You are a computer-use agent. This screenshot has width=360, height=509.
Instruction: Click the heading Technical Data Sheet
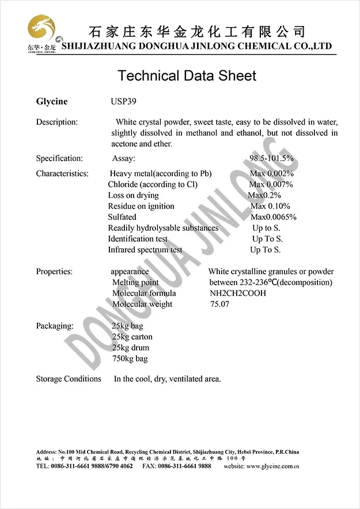[187, 75]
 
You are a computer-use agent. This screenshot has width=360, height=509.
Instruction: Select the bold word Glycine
[52, 102]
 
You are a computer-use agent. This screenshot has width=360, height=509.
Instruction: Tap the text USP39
[124, 102]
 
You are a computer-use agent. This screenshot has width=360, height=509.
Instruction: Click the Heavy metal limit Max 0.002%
[271, 173]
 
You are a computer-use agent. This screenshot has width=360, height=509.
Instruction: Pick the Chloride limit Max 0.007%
[271, 184]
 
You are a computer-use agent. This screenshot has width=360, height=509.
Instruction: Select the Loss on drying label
[133, 195]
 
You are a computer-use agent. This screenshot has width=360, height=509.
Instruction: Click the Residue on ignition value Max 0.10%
[270, 206]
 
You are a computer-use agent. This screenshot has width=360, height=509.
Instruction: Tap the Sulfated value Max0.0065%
[274, 217]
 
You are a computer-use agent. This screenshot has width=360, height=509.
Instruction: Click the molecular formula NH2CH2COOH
[238, 293]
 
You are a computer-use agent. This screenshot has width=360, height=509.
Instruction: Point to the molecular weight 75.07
[220, 304]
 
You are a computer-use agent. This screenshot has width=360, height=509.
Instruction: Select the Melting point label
[135, 282]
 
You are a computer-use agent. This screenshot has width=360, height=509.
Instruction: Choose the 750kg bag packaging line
[130, 359]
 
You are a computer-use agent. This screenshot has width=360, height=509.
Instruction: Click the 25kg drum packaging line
[130, 348]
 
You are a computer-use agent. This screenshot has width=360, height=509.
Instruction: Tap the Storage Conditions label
[69, 379]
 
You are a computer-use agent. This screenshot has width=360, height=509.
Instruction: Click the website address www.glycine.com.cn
[272, 466]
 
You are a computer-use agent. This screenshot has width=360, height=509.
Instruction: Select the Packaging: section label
[55, 326]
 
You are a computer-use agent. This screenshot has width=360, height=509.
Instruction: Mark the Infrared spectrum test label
[145, 250]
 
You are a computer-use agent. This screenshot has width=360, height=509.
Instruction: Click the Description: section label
[56, 122]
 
